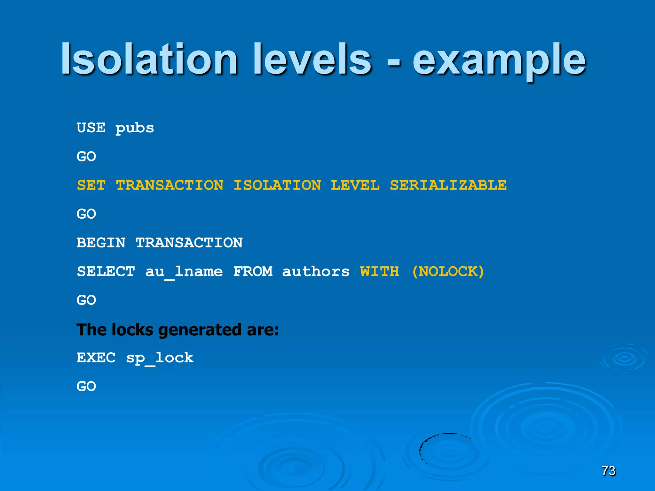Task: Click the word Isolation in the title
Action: (149, 59)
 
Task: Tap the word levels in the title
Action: (312, 59)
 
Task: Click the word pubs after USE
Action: (135, 128)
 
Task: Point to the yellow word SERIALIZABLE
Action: (448, 185)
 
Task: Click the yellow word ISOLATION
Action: (277, 185)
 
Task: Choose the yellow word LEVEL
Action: (355, 185)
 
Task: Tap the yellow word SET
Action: (91, 185)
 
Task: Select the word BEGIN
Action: (101, 243)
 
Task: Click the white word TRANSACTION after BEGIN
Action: (189, 243)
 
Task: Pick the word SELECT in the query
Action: (106, 271)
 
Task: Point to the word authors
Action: (316, 271)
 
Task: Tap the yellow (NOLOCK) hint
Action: (448, 271)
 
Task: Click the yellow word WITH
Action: (380, 271)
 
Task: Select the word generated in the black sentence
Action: (200, 330)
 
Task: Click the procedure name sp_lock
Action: (160, 358)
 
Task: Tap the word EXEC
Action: (96, 357)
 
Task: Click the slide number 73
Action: (608, 471)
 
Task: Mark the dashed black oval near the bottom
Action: (448, 450)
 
